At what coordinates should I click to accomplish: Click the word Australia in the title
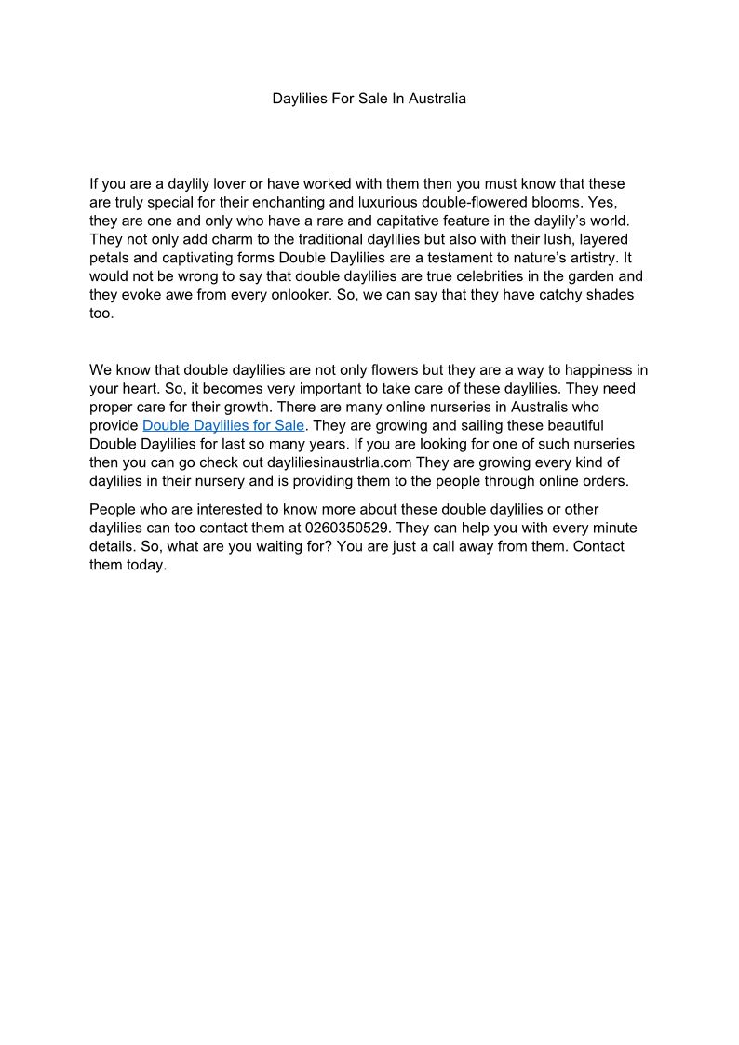coord(436,98)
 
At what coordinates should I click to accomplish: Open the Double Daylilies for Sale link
coord(223,425)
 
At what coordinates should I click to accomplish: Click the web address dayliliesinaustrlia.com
coord(340,462)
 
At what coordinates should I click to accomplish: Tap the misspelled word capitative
coord(437,221)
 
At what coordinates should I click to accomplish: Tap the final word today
coord(144,565)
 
